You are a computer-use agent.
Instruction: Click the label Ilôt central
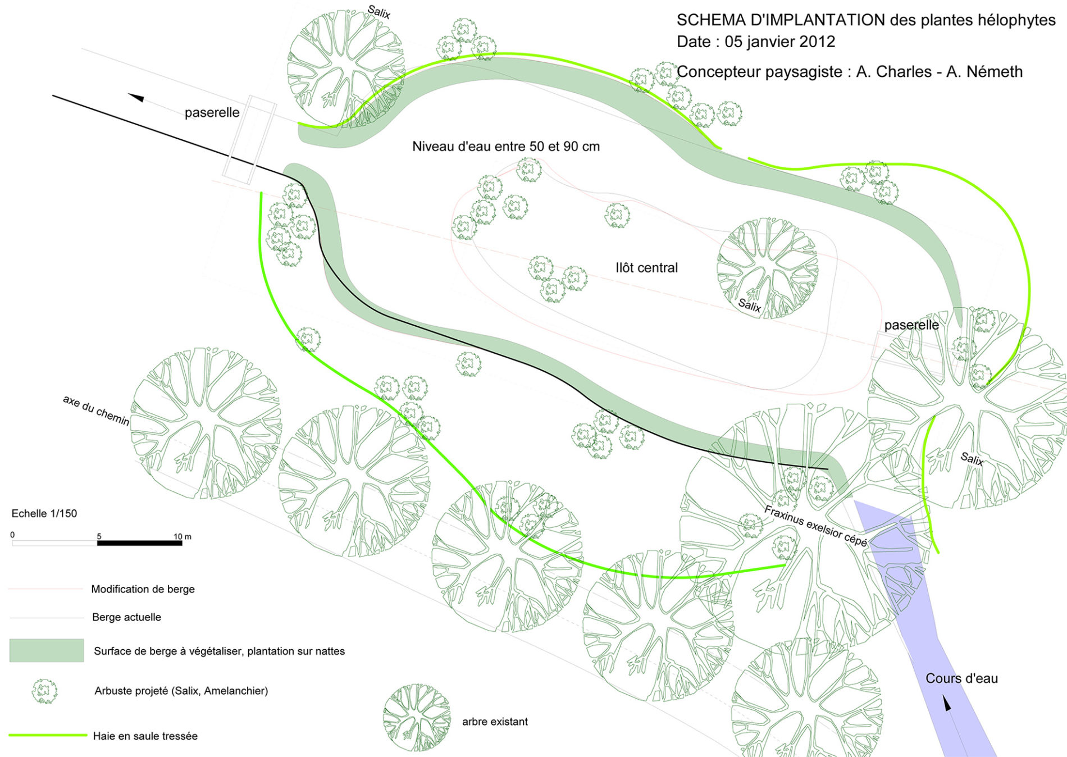click(646, 268)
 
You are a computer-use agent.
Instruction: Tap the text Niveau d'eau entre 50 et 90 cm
click(505, 147)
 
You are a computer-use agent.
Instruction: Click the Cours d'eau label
click(961, 678)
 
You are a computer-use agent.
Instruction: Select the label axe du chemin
click(96, 410)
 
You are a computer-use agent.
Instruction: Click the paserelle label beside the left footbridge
click(212, 112)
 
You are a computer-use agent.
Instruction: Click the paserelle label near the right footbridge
click(911, 325)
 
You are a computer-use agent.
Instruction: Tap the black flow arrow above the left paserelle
click(136, 98)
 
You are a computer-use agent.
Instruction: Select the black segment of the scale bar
click(140, 543)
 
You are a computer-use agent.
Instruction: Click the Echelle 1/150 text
click(44, 513)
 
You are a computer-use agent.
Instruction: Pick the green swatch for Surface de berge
click(47, 650)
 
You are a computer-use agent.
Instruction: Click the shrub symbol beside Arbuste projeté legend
click(45, 691)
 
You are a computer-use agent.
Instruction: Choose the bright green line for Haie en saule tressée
click(48, 735)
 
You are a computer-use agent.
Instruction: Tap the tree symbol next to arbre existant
click(417, 718)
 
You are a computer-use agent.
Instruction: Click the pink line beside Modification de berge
click(45, 589)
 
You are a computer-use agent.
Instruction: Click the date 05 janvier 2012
click(779, 42)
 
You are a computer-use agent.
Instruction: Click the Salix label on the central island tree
click(749, 305)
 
